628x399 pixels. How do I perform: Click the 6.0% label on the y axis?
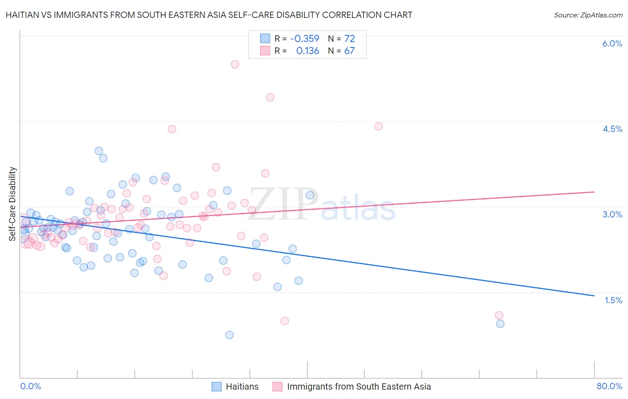[x=612, y=43]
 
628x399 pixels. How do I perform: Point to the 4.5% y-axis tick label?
[x=612, y=129]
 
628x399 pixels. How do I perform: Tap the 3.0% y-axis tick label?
[x=612, y=214]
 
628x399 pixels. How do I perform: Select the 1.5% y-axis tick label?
[x=613, y=300]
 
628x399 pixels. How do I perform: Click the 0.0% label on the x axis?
[x=30, y=386]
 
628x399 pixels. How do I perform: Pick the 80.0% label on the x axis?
[x=609, y=386]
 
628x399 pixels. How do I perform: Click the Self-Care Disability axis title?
[x=13, y=204]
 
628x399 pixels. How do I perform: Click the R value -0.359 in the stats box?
[x=305, y=38]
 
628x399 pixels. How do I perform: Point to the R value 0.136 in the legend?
[x=308, y=51]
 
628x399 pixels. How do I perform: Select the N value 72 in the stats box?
[x=349, y=38]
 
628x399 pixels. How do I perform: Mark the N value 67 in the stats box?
[x=349, y=51]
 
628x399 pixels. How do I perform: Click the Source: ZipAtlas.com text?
[x=588, y=15]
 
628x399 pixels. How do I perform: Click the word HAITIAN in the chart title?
[x=24, y=15]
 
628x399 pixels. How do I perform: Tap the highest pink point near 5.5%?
[x=235, y=64]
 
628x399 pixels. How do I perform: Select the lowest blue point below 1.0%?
[x=230, y=335]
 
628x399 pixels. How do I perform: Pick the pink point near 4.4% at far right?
[x=378, y=126]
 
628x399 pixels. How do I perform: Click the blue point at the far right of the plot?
[x=500, y=323]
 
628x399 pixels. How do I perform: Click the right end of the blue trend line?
[x=594, y=296]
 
